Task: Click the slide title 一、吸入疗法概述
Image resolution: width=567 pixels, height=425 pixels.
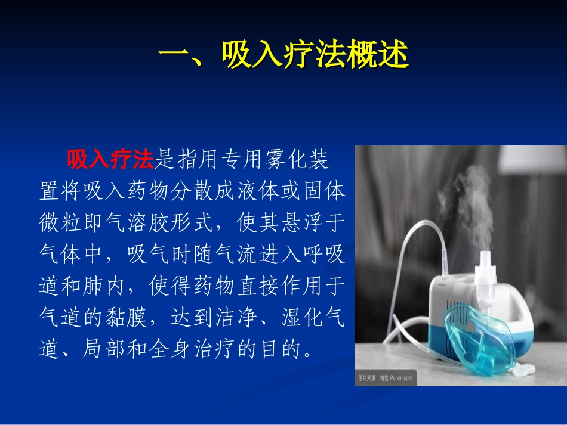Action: (283, 57)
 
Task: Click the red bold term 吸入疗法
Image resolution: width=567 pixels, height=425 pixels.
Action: (110, 159)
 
